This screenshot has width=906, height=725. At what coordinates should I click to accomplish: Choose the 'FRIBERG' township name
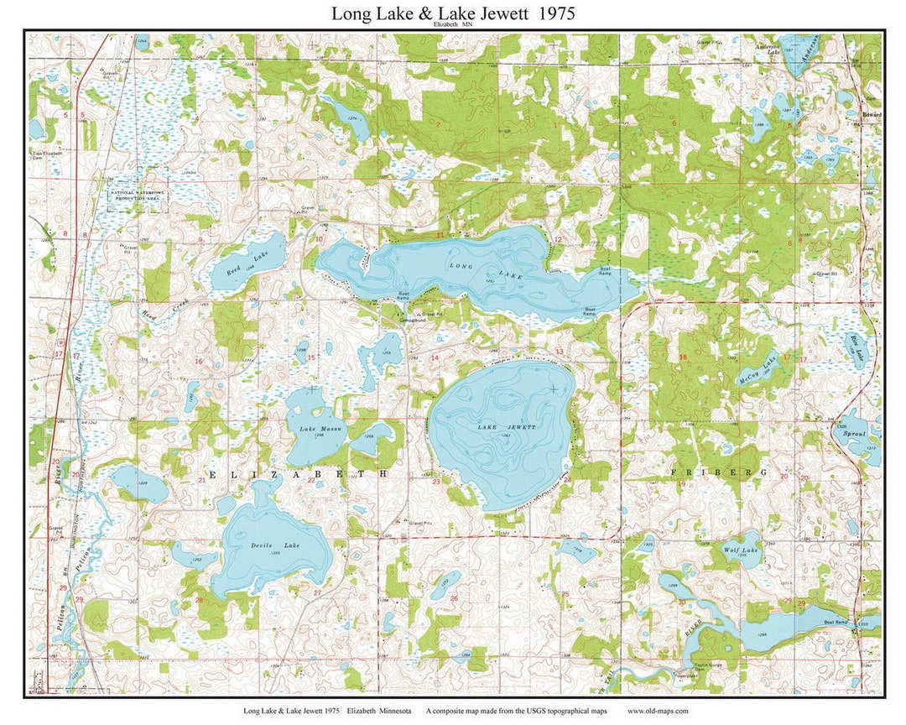719,473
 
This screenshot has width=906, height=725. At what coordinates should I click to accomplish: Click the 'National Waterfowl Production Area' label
140,196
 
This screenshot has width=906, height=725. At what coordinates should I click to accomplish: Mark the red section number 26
454,598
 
